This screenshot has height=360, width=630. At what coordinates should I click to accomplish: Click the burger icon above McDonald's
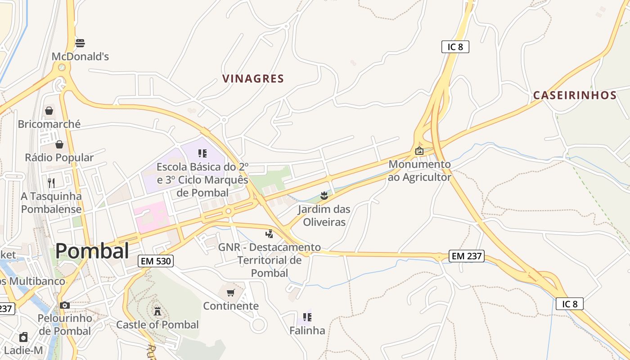tap(80, 43)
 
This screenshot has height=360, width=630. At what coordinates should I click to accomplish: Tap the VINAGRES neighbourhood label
tap(253, 79)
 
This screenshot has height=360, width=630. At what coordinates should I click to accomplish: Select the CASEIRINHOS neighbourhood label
tap(575, 95)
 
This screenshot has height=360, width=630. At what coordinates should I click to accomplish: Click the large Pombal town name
tap(92, 251)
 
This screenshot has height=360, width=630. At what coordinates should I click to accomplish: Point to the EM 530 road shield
tap(156, 261)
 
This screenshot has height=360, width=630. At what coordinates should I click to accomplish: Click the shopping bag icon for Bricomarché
tap(49, 111)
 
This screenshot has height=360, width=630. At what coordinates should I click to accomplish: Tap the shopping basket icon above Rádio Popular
tap(59, 144)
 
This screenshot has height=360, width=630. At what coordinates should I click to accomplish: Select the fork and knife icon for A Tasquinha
tap(51, 183)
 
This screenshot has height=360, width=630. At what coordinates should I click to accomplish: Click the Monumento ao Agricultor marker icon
tap(419, 151)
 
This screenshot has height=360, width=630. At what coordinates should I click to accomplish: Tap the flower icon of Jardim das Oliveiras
tap(324, 195)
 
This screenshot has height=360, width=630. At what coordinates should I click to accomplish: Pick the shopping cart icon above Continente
tap(231, 293)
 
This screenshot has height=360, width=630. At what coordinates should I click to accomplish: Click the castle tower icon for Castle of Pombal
tap(157, 311)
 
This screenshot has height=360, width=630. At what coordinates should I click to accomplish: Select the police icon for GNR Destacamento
tap(270, 234)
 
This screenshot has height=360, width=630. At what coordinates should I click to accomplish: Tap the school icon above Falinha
tap(307, 317)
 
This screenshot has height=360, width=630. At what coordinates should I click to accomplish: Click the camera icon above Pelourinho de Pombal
tap(65, 305)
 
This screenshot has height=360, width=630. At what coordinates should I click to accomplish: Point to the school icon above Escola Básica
tap(202, 153)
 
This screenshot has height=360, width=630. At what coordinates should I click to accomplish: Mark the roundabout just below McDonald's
tap(62, 68)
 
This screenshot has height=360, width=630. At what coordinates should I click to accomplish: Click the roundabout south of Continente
tap(258, 324)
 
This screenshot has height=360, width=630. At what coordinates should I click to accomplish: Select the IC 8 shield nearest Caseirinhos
tap(455, 47)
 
